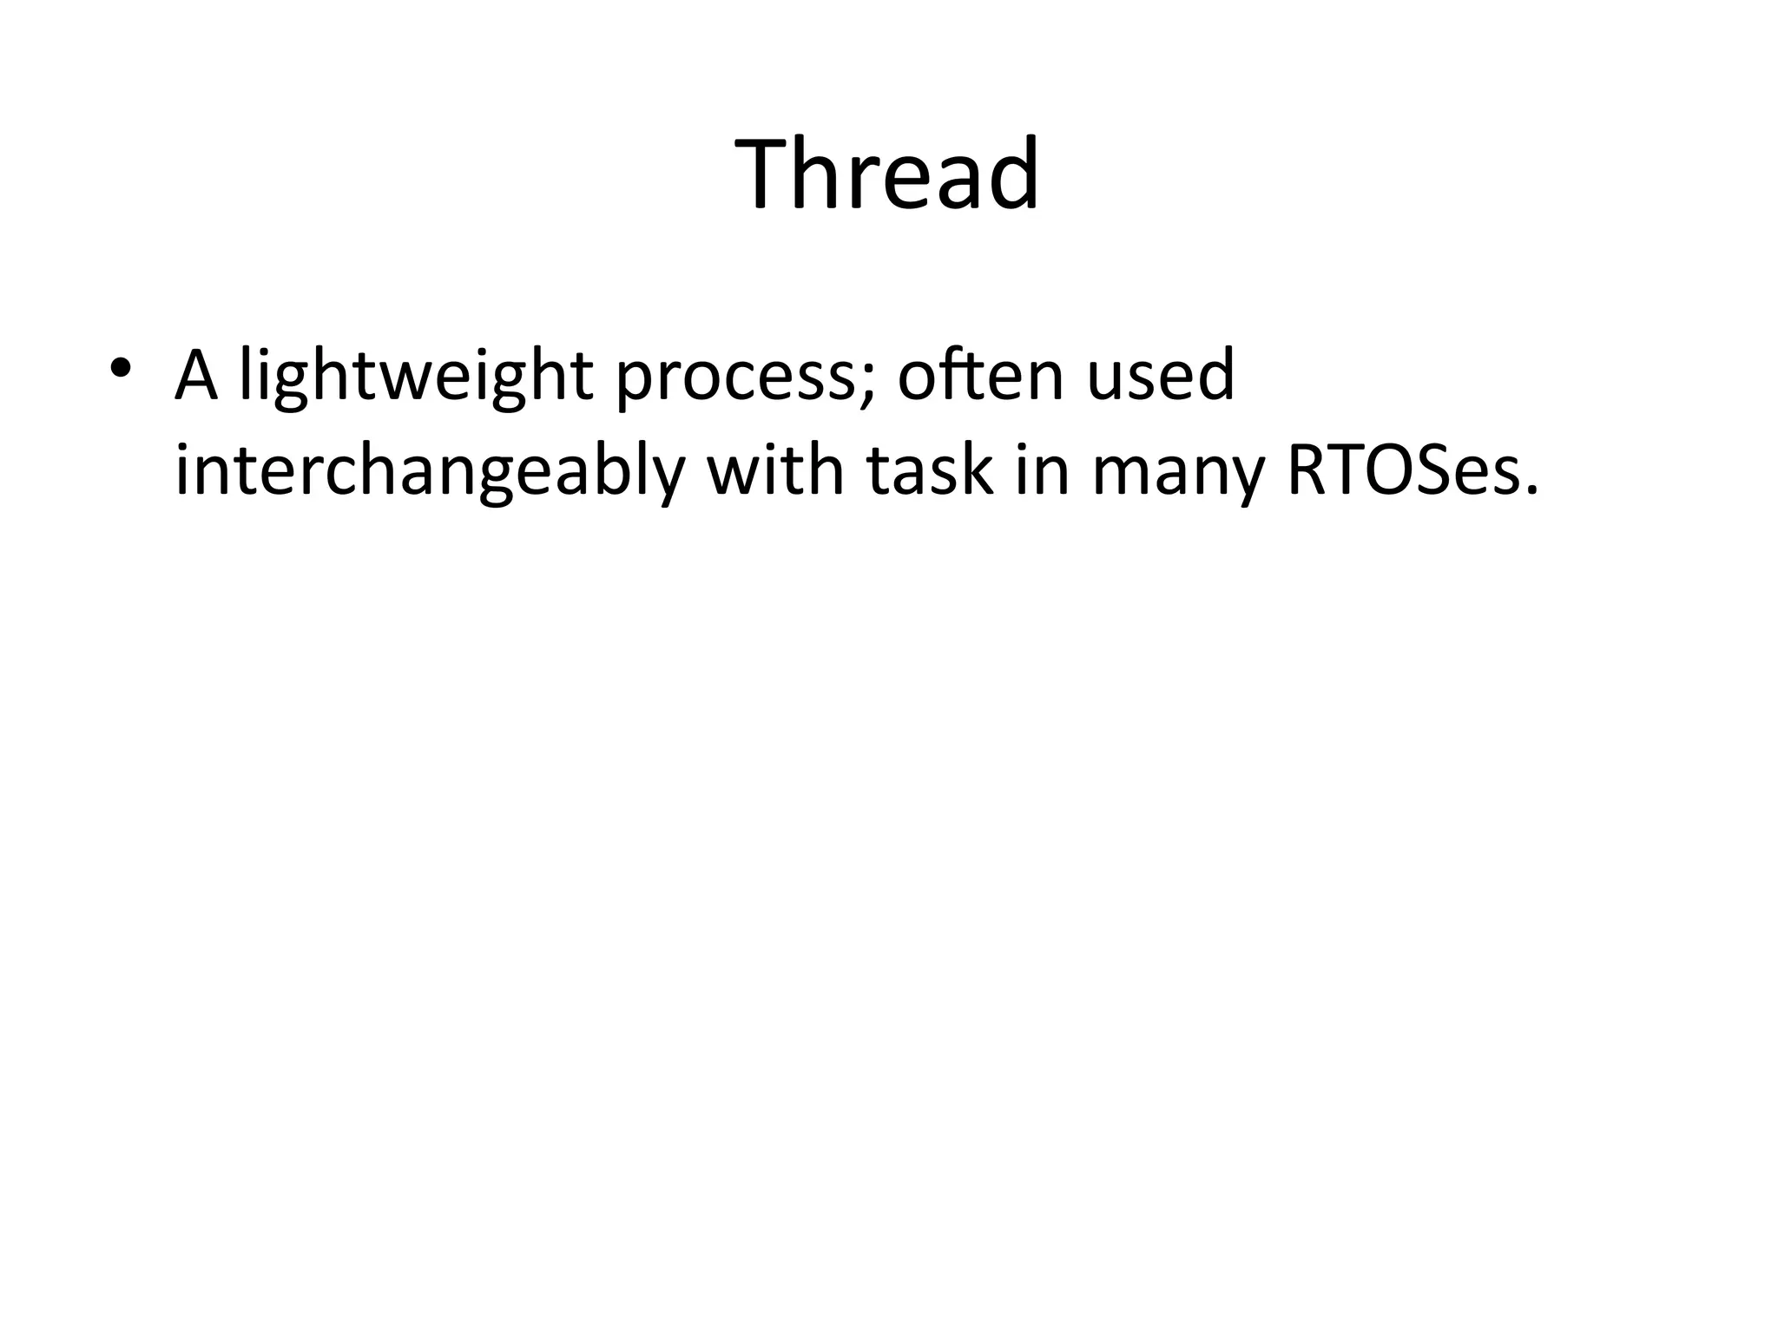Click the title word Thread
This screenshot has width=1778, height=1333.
pyautogui.click(x=886, y=174)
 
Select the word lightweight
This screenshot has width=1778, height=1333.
pyautogui.click(x=416, y=378)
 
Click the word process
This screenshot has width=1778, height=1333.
pyautogui.click(x=728, y=382)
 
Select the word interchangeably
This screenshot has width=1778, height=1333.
pyautogui.click(x=430, y=473)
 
